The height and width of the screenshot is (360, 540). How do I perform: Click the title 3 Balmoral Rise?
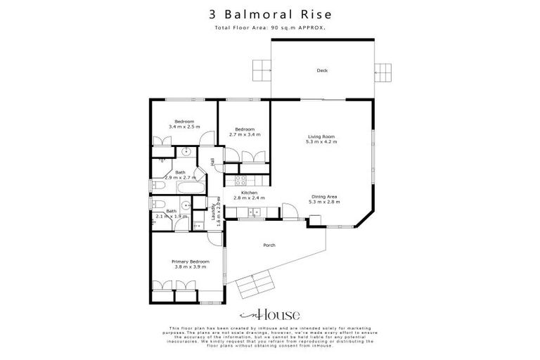270,13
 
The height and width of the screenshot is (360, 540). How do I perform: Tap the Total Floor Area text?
270,27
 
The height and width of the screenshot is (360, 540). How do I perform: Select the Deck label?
322,70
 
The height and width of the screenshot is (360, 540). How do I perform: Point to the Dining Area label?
323,197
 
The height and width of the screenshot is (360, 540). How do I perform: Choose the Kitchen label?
249,193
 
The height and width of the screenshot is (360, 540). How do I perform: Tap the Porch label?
269,245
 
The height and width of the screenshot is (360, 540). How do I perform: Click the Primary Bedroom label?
191,262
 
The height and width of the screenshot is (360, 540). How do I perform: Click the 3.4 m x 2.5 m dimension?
184,127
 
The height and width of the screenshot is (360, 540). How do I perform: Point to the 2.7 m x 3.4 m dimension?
244,134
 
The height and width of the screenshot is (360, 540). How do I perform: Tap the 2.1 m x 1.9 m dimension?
171,217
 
